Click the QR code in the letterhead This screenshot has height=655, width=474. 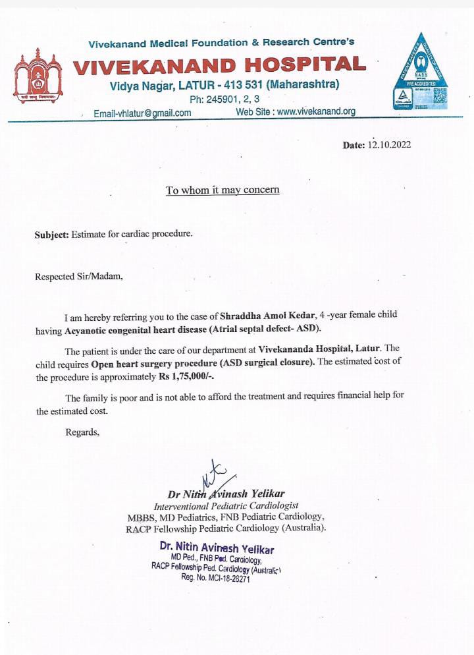pyautogui.click(x=440, y=98)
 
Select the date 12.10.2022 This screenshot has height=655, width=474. pyautogui.click(x=389, y=145)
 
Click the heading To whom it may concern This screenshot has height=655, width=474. pyautogui.click(x=223, y=190)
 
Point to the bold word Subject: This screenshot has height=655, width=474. pyautogui.click(x=51, y=234)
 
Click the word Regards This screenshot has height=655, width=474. pyautogui.click(x=82, y=432)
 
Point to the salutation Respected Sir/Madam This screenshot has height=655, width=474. pyautogui.click(x=79, y=277)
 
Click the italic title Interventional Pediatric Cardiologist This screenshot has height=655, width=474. pyautogui.click(x=226, y=506)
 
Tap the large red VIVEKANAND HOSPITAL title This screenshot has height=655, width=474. pyautogui.click(x=219, y=65)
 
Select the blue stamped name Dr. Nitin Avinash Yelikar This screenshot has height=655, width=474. pyautogui.click(x=217, y=548)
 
